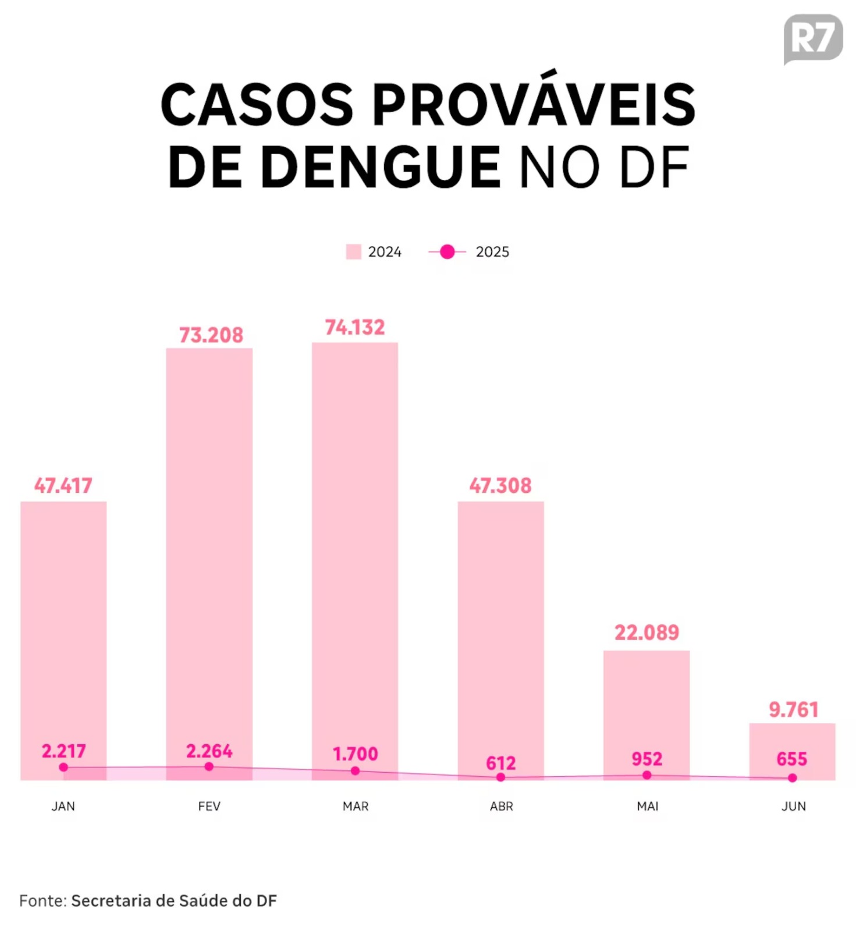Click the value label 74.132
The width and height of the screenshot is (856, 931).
(x=354, y=328)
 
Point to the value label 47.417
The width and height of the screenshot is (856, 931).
(x=63, y=485)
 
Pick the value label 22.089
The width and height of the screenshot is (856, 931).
(x=647, y=632)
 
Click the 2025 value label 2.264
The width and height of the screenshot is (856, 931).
(x=209, y=751)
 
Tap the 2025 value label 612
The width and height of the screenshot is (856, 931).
(x=500, y=763)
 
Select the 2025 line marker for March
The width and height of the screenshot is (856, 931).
(x=355, y=771)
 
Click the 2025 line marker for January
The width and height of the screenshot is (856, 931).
(x=63, y=767)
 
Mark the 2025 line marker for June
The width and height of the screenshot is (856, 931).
(x=792, y=778)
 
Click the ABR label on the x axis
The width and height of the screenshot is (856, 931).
(x=501, y=806)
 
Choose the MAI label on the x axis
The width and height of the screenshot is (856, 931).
(x=647, y=806)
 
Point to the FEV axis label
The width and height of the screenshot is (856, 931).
(x=209, y=806)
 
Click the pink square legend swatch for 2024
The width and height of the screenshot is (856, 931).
(x=353, y=252)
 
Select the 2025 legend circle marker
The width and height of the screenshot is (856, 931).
(x=447, y=252)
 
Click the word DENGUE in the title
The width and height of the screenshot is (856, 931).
(x=381, y=168)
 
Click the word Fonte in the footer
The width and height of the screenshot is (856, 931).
(x=42, y=901)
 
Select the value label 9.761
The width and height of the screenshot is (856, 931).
(x=793, y=709)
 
